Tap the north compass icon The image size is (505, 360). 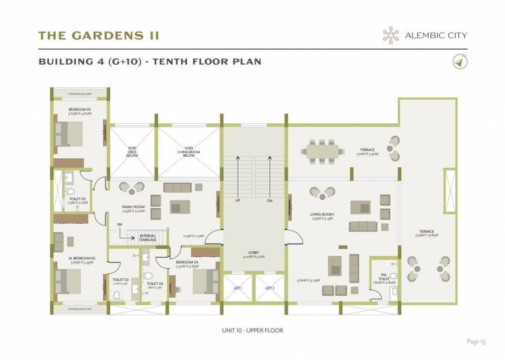(460, 62)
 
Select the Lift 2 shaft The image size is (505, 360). (269, 287)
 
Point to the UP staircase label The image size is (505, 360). (238, 200)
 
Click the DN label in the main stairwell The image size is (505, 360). (269, 200)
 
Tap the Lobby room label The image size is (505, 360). (253, 254)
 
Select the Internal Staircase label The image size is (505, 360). (147, 238)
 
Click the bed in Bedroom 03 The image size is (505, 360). (69, 134)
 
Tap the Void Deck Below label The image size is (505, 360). (132, 152)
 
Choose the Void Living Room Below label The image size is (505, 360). (188, 152)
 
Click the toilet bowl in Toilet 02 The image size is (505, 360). (117, 295)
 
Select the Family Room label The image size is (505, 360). (133, 209)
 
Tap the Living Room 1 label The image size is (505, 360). (322, 217)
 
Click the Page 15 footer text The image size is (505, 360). (476, 341)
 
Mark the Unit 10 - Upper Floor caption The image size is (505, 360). (252, 330)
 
